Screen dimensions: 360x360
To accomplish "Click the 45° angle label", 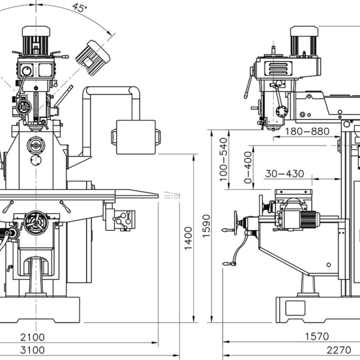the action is coord(80,7).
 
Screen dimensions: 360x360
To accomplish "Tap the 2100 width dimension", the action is coord(33,337).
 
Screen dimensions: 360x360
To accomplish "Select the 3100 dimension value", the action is coord(33,350).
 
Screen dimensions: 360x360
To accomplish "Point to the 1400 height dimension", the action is coord(188,238).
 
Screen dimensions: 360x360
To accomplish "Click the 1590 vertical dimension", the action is coord(206,226).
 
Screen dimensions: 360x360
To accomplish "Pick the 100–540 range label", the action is coord(223,159).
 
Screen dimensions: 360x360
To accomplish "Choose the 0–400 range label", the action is coord(248,167).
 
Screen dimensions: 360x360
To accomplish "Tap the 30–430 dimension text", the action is coord(285,174).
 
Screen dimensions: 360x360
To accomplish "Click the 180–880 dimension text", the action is coord(307,131).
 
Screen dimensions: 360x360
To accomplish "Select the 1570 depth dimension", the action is coord(317,337).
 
